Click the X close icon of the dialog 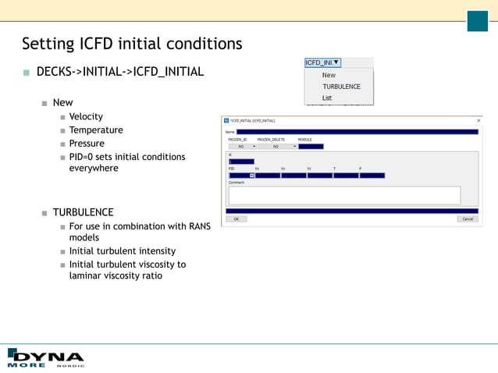click(x=478, y=120)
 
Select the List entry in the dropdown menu click(x=327, y=98)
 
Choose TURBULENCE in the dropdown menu click(x=341, y=87)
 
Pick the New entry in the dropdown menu click(x=329, y=76)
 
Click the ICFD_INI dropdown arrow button click(x=336, y=62)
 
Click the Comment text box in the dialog click(x=344, y=195)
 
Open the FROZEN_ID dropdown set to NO click(x=242, y=146)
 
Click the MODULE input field click(x=310, y=146)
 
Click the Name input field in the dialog click(x=357, y=132)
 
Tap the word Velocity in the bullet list click(x=86, y=117)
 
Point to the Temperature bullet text click(x=96, y=130)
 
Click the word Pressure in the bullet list click(x=87, y=144)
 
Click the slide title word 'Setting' click(x=48, y=44)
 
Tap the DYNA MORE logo click(x=44, y=356)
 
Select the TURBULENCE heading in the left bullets click(x=83, y=212)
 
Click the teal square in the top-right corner click(x=477, y=21)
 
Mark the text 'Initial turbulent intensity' click(x=123, y=251)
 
